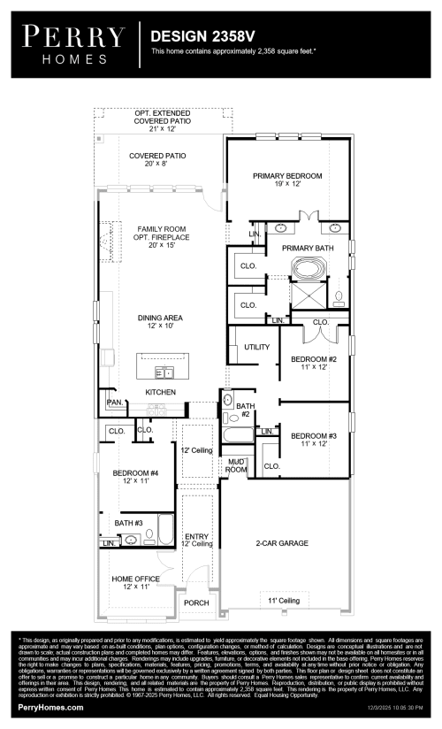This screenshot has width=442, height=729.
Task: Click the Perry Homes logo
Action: pyautogui.click(x=73, y=42)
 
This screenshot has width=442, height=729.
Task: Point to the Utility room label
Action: pyautogui.click(x=256, y=348)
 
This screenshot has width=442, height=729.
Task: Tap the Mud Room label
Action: pyautogui.click(x=236, y=465)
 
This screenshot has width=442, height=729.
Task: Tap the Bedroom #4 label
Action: pyautogui.click(x=135, y=479)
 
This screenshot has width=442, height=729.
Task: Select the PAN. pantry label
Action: pyautogui.click(x=114, y=403)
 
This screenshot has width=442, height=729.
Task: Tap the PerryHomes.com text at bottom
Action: pyautogui.click(x=50, y=708)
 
